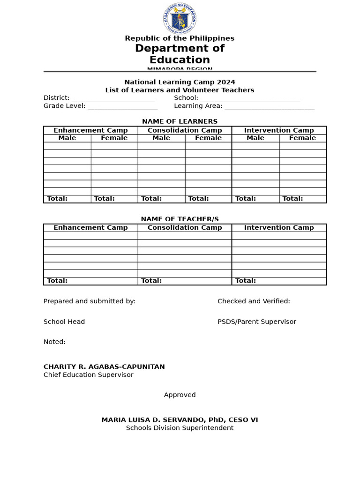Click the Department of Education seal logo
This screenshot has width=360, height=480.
(180, 19)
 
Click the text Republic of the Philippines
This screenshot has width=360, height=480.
(180, 38)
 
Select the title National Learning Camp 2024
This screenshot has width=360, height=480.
(180, 82)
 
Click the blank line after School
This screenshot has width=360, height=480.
(250, 98)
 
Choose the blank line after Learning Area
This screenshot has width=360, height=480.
(269, 106)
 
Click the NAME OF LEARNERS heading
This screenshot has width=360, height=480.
(180, 121)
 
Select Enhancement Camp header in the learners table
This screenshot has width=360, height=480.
(90, 130)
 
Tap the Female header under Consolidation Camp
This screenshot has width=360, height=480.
(208, 138)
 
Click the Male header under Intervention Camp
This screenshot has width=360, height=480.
(255, 138)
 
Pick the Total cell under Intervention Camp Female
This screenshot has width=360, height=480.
(302, 199)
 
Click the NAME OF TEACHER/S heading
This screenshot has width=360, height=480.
(180, 219)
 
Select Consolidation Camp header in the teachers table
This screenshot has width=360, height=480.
(185, 228)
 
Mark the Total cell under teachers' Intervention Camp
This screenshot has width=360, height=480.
(279, 281)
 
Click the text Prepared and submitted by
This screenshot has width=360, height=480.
(90, 301)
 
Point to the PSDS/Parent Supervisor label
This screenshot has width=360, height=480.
(257, 322)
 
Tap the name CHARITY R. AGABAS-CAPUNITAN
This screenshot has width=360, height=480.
(104, 367)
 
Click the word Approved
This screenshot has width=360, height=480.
(180, 395)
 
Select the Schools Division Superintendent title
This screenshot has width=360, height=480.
(180, 428)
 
